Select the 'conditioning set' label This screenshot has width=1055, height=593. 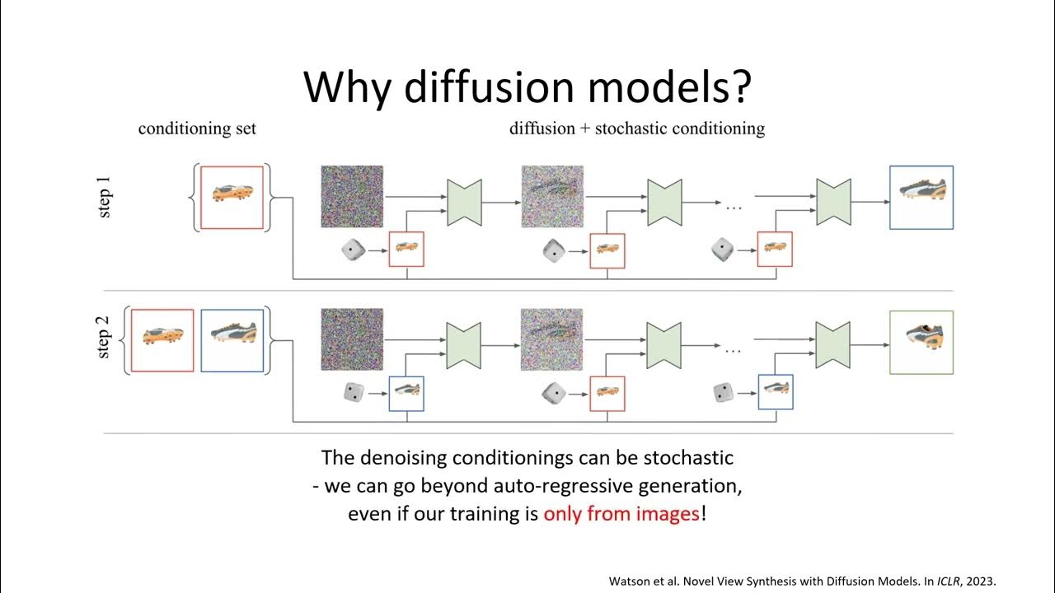point(197,128)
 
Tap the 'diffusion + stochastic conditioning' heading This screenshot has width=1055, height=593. point(636,128)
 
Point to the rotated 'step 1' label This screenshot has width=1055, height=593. point(105,198)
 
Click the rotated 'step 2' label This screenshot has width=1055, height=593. point(105,340)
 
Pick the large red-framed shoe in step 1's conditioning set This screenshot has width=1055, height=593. point(232,198)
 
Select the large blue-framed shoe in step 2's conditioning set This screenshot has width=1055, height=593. point(232,340)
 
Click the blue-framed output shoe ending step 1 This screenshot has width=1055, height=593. point(921,198)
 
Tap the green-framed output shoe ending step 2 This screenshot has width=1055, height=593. point(921,342)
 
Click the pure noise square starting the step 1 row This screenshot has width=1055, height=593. point(352,197)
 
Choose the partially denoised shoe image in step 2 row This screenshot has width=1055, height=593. point(552,340)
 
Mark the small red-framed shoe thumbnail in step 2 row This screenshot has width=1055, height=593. point(607,393)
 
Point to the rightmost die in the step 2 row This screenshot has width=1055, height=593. point(724,393)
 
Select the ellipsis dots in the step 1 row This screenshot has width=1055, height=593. point(733,208)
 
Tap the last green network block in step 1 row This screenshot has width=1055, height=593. point(832,202)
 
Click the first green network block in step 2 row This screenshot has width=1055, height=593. point(464,344)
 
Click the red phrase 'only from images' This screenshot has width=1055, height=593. point(621,515)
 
